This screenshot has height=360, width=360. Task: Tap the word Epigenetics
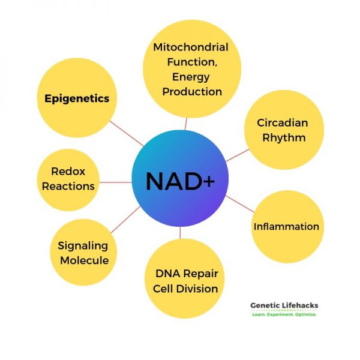(77, 98)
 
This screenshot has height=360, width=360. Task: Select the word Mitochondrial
(191, 47)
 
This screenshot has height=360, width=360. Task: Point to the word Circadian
(283, 123)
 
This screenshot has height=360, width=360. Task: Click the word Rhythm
(283, 137)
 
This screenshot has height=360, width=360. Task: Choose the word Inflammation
(286, 227)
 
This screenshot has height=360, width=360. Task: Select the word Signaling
(83, 245)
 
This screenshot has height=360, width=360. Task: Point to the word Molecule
(83, 260)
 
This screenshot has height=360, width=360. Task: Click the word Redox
(68, 172)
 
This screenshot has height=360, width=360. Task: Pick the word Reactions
(68, 186)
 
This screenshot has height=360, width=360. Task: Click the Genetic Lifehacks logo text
(284, 305)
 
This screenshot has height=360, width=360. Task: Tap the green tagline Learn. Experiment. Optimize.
(284, 314)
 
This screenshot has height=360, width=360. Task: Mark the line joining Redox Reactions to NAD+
(115, 182)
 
